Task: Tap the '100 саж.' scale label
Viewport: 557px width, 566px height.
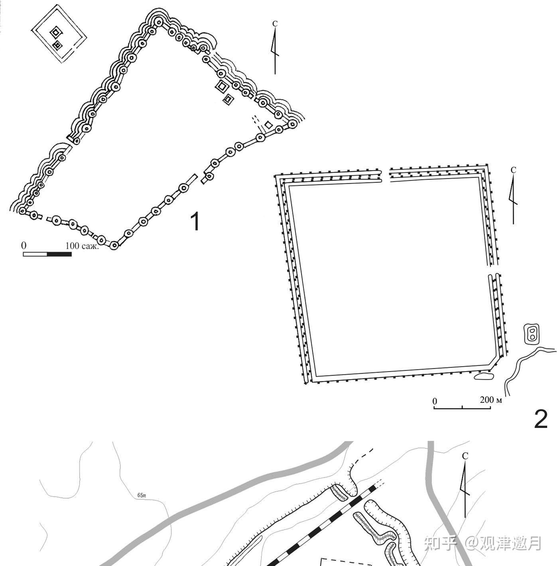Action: tap(82, 246)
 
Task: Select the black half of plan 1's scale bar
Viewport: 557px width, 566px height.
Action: tap(59, 254)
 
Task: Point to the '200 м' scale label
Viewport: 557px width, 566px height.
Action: tap(491, 400)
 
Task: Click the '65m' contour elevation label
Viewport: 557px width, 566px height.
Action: tap(142, 495)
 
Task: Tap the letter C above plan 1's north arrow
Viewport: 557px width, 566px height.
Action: tap(275, 24)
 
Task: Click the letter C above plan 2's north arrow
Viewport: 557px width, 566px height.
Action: tap(513, 170)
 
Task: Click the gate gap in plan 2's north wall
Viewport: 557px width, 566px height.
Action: tap(386, 175)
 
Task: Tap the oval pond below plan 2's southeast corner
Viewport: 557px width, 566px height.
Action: tap(483, 376)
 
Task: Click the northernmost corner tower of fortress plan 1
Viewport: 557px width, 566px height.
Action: tap(158, 22)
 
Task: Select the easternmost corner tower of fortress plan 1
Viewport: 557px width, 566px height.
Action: tap(292, 124)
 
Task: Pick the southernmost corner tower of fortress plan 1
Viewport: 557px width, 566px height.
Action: tap(114, 245)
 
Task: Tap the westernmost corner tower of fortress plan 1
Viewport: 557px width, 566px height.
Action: tap(22, 211)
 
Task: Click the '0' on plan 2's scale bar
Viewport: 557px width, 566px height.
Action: tap(435, 401)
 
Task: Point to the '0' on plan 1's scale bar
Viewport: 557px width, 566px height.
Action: tap(24, 245)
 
